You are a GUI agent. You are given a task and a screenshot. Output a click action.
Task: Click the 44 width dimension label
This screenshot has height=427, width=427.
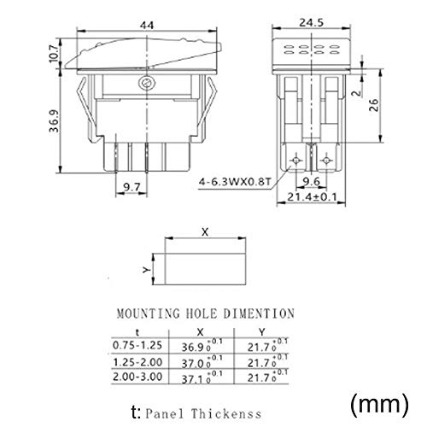point(147,26)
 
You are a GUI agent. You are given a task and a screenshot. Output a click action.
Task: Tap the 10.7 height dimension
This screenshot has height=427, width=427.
point(54,53)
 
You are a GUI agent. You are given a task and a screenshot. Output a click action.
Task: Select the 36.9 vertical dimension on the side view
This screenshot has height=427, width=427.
point(54,121)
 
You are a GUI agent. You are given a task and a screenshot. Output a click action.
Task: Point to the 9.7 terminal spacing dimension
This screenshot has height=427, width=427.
point(132,187)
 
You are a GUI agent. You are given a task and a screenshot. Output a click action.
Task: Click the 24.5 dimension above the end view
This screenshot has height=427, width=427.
point(311,22)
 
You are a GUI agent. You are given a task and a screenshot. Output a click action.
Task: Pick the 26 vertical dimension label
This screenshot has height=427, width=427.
point(373,105)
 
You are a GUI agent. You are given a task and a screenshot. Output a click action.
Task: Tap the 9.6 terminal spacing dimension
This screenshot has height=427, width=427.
point(311,181)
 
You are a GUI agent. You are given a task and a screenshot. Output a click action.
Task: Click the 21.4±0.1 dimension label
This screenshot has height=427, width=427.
point(312,196)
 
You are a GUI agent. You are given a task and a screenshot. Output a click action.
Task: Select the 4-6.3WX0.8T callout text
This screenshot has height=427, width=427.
point(234,181)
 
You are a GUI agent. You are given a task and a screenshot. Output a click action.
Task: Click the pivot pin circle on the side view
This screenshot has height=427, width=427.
point(147,84)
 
